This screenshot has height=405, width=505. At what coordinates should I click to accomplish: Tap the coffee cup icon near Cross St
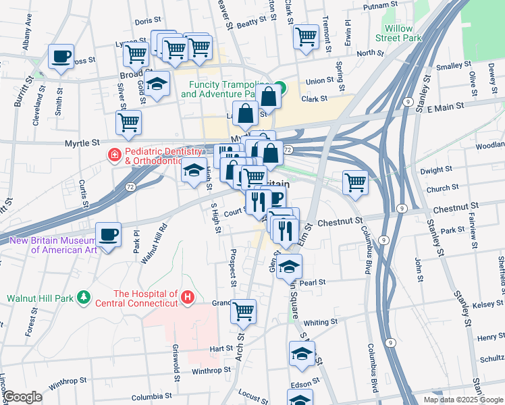click(x=61, y=57)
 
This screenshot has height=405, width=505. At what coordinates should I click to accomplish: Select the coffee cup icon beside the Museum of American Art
click(x=108, y=236)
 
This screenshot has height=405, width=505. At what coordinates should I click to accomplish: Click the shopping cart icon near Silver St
click(x=128, y=123)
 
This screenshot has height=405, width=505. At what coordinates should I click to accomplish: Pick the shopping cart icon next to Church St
click(x=354, y=182)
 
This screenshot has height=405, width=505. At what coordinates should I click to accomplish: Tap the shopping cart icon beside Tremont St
click(x=306, y=36)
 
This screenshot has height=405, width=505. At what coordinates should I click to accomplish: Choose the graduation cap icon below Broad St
click(x=157, y=85)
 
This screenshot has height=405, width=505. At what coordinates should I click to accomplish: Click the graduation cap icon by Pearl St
click(x=289, y=267)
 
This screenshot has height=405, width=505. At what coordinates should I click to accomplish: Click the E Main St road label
click(x=442, y=107)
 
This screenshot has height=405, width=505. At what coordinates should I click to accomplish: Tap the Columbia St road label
click(x=159, y=397)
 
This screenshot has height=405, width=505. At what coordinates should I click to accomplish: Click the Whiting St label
click(x=319, y=323)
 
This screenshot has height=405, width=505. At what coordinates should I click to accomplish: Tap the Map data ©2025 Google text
click(x=462, y=400)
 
